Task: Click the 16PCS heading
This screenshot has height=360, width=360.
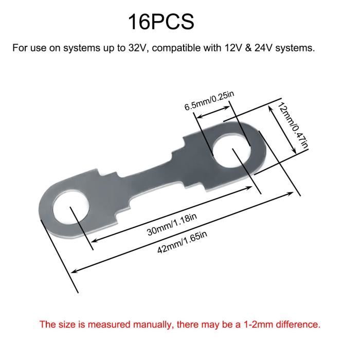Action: click(x=161, y=22)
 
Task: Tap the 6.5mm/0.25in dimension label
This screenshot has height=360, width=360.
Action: click(x=209, y=101)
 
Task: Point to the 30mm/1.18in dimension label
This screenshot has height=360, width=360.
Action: click(x=172, y=225)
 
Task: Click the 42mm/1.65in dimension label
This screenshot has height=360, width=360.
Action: click(x=182, y=242)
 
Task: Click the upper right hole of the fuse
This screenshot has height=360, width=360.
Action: click(x=231, y=152)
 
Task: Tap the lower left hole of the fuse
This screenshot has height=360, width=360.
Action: click(x=71, y=207)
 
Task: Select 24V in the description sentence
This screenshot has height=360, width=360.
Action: click(x=264, y=48)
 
